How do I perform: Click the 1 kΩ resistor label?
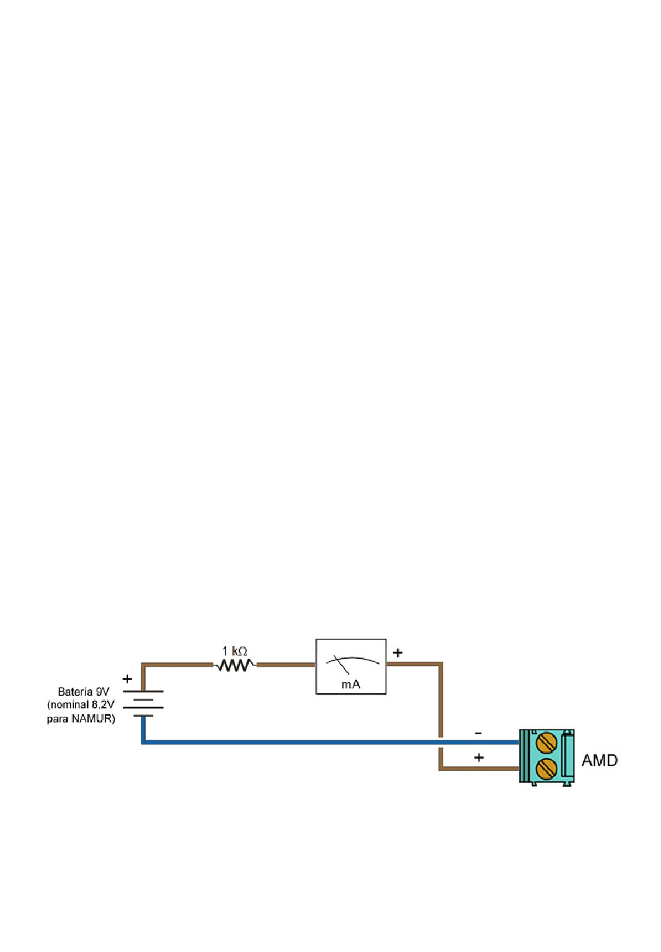pos(234,651)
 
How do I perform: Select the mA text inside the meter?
pos(351,684)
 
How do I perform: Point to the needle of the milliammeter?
pos(342,665)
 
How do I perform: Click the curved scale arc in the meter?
pos(352,658)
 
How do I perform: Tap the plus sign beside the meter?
pos(397,652)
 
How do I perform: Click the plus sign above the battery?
pos(127,679)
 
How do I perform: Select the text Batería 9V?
pos(83,692)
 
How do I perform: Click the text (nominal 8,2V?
pos(81,705)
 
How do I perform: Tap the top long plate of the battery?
pos(143,692)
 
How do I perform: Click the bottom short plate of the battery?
pos(143,715)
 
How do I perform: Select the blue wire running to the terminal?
pos(330,742)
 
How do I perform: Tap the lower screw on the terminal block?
pos(546,768)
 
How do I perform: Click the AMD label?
pos(599,761)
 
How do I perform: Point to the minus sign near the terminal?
pos(478,733)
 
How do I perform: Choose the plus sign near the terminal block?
pos(479,757)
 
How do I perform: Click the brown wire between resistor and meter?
pos(287,665)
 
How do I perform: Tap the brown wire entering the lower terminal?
pos(479,768)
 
